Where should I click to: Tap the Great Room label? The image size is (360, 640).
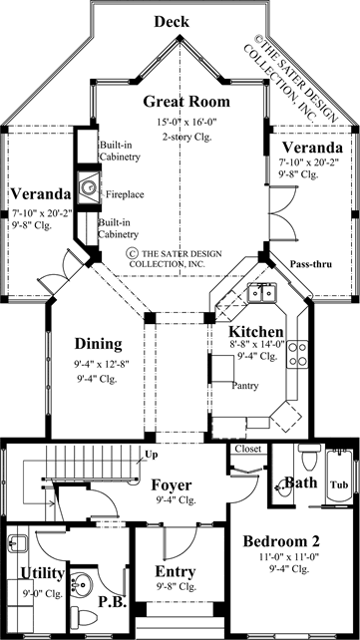185,102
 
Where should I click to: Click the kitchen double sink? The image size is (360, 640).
263,293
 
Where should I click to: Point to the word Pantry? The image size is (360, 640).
245,385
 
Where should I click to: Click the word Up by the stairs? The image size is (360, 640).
151,455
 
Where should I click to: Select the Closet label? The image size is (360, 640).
247,449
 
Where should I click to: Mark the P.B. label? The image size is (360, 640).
112,601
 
